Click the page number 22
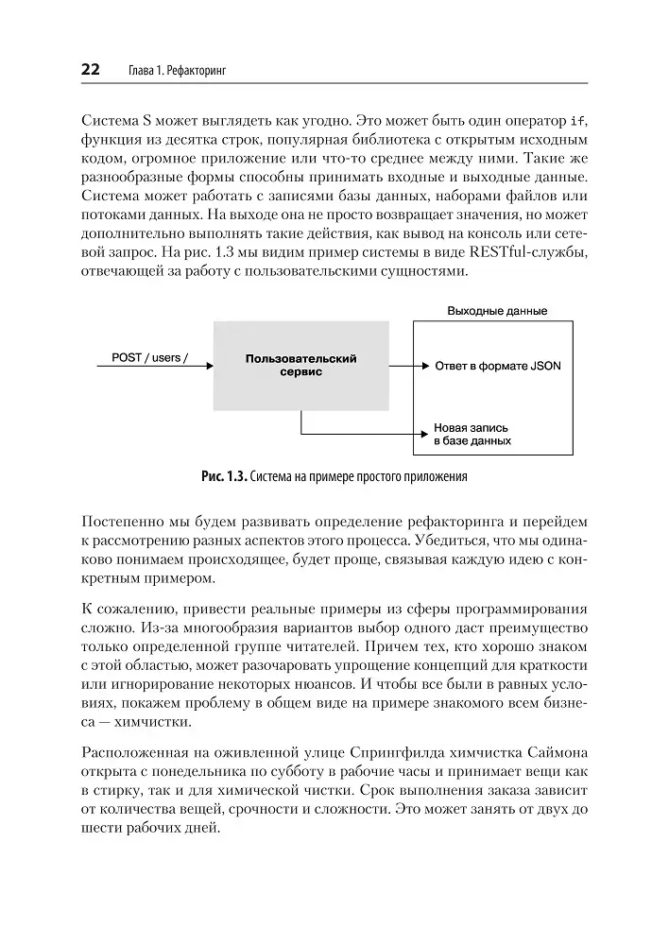click(92, 70)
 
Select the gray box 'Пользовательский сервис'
click(300, 366)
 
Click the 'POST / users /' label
click(149, 357)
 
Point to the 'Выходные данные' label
click(497, 311)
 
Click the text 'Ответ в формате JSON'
click(497, 366)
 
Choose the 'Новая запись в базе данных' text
click(472, 434)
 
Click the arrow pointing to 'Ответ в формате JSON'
click(406, 366)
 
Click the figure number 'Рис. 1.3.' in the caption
click(223, 476)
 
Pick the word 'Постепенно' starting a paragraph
click(127, 522)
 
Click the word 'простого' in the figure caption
click(382, 476)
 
